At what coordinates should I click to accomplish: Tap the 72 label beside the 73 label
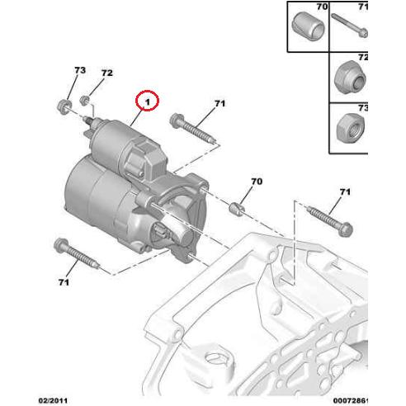pos(106,74)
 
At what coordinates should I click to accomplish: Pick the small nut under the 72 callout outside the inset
pos(85,101)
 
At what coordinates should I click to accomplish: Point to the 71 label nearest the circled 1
pos(220,103)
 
